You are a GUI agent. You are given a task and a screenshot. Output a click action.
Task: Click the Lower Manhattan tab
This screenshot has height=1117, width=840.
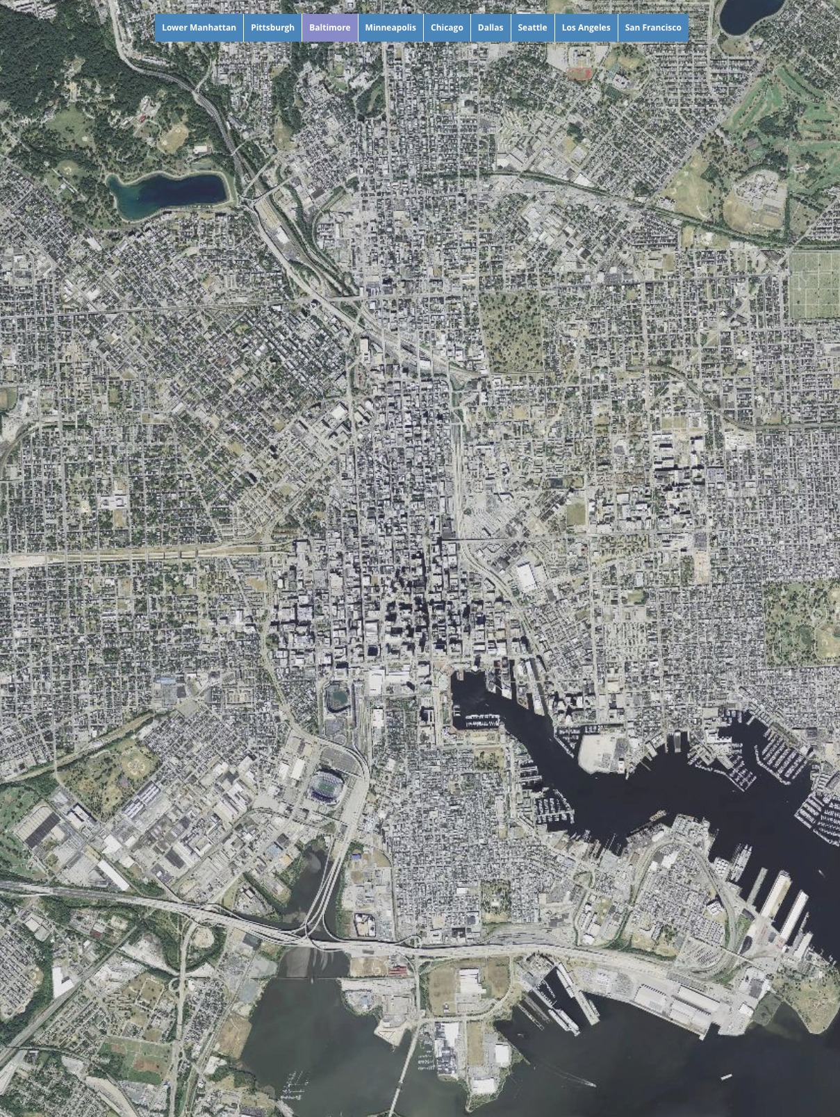coord(199,28)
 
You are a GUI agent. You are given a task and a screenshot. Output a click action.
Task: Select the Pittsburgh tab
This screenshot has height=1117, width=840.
coord(272,28)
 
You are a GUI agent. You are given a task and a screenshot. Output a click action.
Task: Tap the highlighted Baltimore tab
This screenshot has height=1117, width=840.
coord(329,28)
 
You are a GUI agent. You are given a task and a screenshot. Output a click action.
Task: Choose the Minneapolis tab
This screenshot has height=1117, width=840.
coord(390,28)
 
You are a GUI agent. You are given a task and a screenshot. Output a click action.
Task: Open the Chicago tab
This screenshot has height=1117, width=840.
coord(446,28)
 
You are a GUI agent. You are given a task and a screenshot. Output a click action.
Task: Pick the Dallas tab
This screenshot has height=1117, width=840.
coord(490,28)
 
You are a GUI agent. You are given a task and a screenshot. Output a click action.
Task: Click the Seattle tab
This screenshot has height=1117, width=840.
coord(532,28)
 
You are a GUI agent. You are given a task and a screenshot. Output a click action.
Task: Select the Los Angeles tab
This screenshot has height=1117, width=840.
coord(586,28)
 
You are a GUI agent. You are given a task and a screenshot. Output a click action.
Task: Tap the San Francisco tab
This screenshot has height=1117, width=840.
coord(652,28)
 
